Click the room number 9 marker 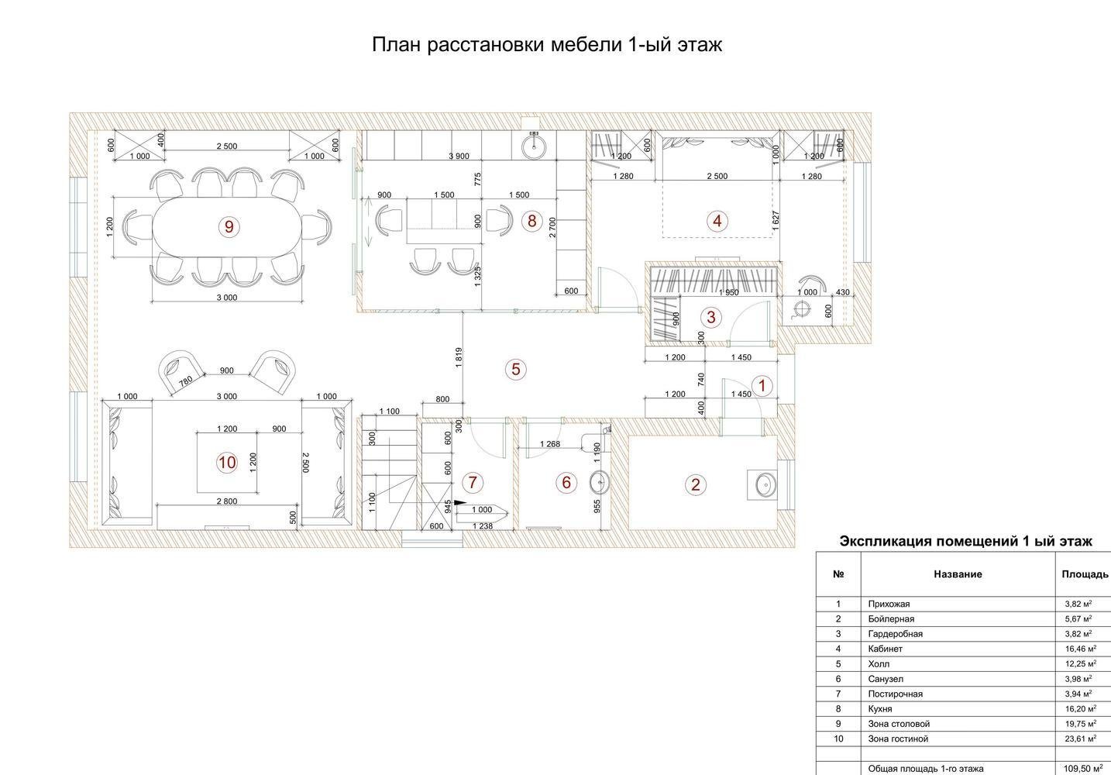[x=229, y=227]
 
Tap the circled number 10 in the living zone [x=227, y=463]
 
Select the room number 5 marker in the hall [x=516, y=369]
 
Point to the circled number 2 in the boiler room [x=696, y=484]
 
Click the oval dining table [x=227, y=227]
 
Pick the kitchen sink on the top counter [x=534, y=145]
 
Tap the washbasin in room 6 [x=599, y=482]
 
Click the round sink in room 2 [x=765, y=484]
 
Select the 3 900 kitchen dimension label [x=459, y=156]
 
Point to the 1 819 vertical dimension [x=459, y=357]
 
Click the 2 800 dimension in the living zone [x=227, y=501]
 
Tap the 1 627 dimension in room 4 [x=776, y=221]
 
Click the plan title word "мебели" [x=586, y=45]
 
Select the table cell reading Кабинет [x=886, y=649]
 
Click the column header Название [x=958, y=574]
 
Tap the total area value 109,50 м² [x=1083, y=769]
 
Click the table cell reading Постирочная [x=896, y=694]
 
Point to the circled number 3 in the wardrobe [x=711, y=316]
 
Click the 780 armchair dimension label [x=185, y=381]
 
